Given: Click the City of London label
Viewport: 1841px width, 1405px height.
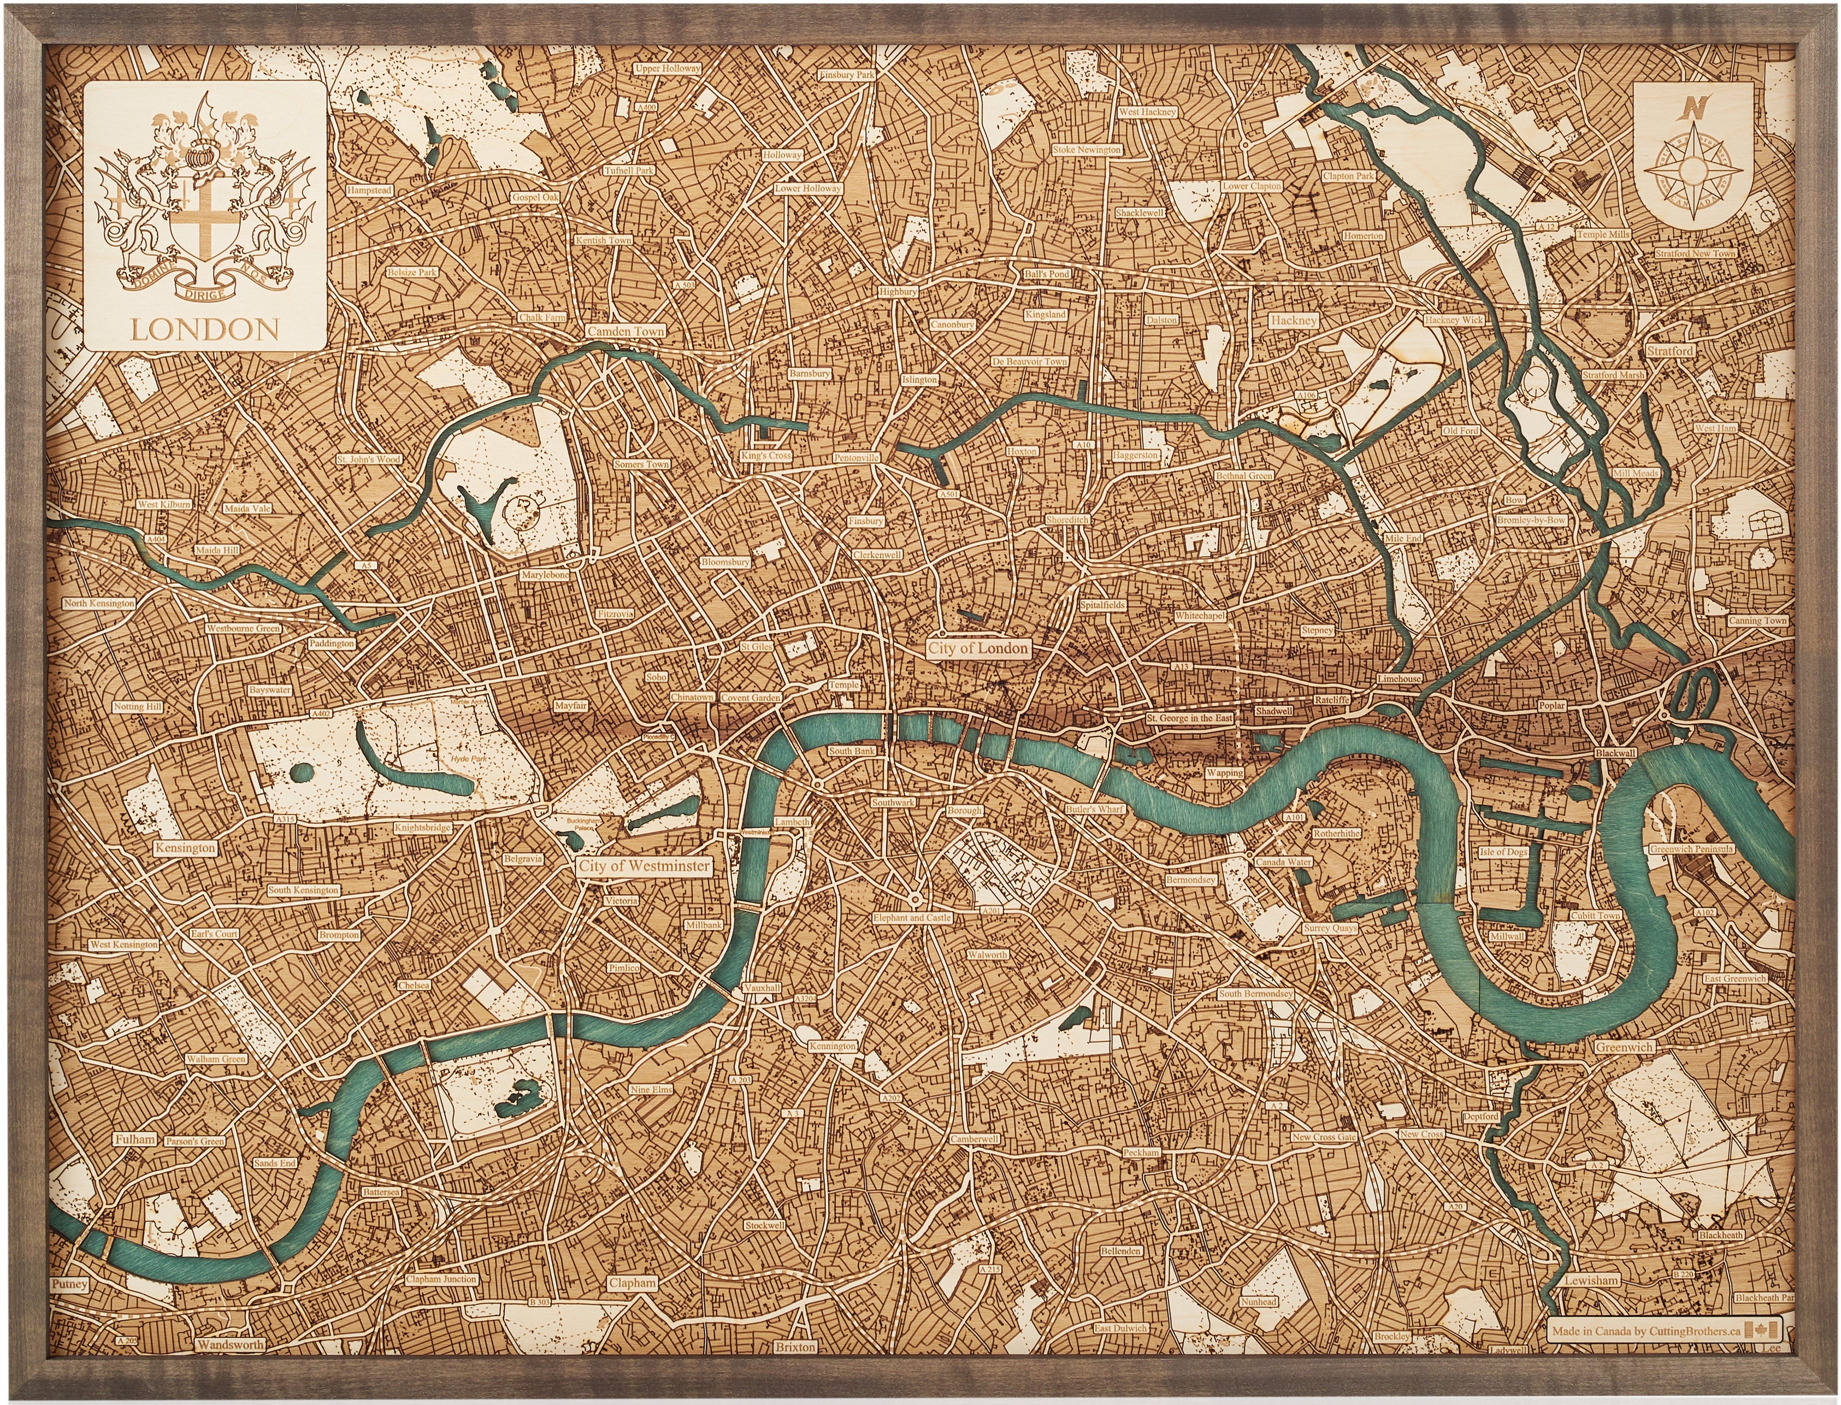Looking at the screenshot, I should coord(978,648).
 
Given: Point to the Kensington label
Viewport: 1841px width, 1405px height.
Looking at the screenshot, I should coord(185,848).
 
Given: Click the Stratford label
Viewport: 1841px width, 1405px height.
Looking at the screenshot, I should coord(1670,351).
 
